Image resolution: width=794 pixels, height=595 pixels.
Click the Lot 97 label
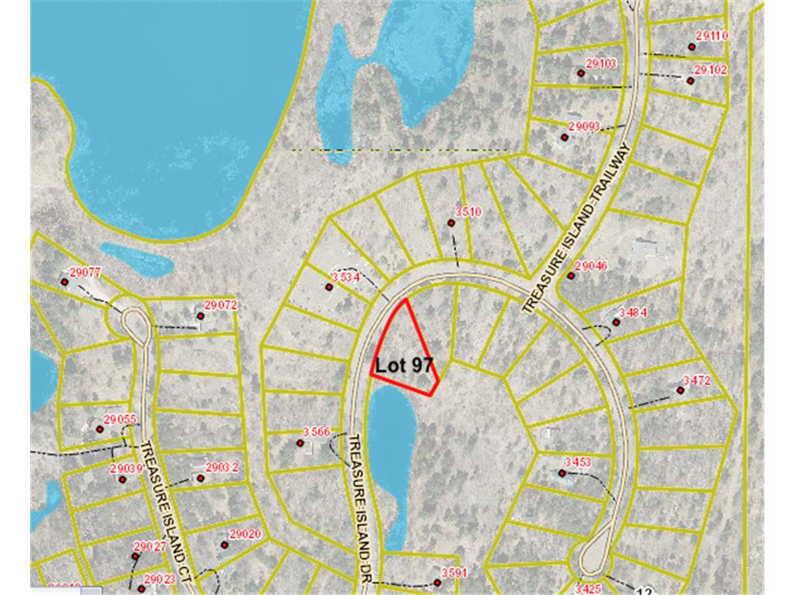pos(403,366)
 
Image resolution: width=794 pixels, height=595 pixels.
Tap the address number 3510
pos(468,212)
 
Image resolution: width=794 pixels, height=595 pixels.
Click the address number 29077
pos(85,272)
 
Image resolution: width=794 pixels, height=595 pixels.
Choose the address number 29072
pos(220,304)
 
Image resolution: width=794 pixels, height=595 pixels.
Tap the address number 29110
pos(712,36)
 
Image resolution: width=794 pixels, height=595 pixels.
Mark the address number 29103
pos(601,63)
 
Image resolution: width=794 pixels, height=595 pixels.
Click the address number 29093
pos(584,126)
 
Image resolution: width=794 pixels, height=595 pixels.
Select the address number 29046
pos(592,266)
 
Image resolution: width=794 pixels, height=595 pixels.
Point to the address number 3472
pos(696,380)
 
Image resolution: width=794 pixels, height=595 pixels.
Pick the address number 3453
pos(578,463)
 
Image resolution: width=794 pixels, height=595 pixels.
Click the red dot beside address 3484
pos(616,322)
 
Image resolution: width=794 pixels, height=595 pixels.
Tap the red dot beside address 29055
pos(99,429)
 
